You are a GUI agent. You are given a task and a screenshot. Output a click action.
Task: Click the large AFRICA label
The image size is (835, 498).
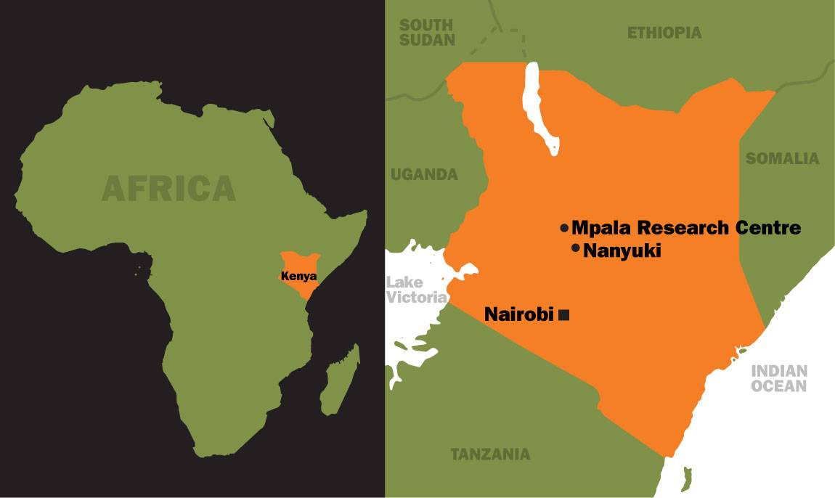[x=169, y=188]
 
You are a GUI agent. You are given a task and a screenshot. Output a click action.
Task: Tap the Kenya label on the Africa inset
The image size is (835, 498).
[x=298, y=276]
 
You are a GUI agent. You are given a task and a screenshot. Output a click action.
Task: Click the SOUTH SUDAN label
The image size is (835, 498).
[x=427, y=33]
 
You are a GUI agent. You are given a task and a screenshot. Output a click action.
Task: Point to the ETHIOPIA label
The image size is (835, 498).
[x=664, y=33]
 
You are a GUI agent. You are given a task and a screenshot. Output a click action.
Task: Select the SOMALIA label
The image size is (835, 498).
[x=782, y=158]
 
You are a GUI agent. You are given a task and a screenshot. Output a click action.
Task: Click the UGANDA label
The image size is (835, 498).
[x=424, y=174]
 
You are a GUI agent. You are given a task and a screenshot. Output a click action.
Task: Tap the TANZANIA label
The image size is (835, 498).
[x=490, y=455]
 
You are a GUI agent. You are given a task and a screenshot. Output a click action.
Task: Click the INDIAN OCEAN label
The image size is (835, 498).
[x=779, y=378]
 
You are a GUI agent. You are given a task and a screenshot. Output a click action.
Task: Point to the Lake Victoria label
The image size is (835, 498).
[x=415, y=289]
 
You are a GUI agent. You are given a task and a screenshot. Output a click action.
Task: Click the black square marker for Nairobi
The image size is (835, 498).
[x=564, y=315]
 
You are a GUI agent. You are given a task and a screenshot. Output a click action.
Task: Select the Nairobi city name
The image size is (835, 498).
[x=519, y=315]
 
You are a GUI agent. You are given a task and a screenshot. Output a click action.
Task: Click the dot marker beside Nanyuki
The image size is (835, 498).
[x=576, y=249]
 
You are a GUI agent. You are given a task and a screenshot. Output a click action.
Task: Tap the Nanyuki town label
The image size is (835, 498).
[x=622, y=250]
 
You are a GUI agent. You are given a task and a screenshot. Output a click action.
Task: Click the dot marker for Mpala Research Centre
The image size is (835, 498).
[x=564, y=228]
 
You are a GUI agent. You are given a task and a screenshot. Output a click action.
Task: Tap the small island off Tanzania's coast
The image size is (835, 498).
[x=686, y=477]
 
